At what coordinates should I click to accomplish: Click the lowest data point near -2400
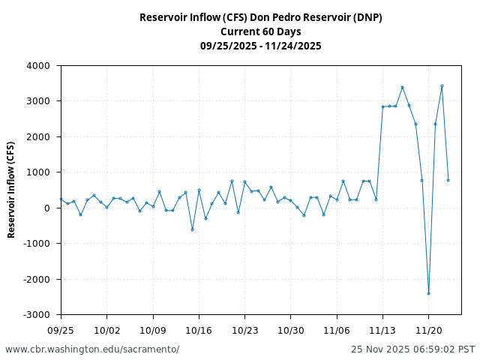click(428, 293)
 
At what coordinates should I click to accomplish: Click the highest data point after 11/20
click(442, 85)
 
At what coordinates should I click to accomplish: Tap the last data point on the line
click(448, 180)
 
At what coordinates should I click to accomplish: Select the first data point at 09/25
click(61, 199)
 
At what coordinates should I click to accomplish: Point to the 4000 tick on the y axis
click(37, 66)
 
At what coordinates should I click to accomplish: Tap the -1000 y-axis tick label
click(36, 244)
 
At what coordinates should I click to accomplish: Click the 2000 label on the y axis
click(37, 137)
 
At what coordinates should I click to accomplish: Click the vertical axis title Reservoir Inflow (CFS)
click(11, 189)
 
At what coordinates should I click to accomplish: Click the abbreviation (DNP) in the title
click(364, 17)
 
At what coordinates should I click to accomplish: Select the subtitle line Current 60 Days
click(260, 31)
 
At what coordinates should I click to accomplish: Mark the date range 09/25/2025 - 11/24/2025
click(260, 46)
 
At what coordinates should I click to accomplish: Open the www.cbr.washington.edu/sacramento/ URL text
click(92, 349)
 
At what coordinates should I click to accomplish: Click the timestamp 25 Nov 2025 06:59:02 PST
click(412, 349)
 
